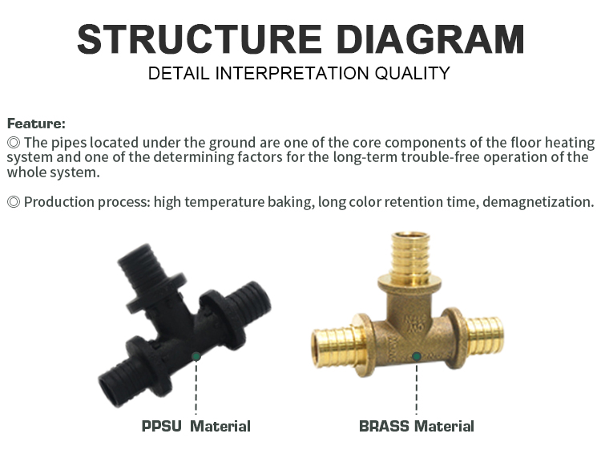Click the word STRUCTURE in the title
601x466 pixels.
pyautogui.click(x=200, y=39)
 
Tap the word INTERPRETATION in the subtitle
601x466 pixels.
pyautogui.click(x=292, y=73)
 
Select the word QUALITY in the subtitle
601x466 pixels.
pyautogui.click(x=413, y=73)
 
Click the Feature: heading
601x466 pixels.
pyautogui.click(x=36, y=124)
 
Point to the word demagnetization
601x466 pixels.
pyautogui.click(x=538, y=202)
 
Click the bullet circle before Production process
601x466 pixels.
pyautogui.click(x=14, y=202)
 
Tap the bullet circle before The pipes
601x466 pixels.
pyautogui.click(x=14, y=142)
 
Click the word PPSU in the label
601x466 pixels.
pyautogui.click(x=161, y=426)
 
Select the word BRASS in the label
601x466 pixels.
pyautogui.click(x=384, y=426)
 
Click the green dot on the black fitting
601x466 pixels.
pyautogui.click(x=196, y=357)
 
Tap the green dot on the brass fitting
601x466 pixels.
pyautogui.click(x=417, y=357)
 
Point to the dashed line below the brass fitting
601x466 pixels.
pyautogui.click(x=417, y=388)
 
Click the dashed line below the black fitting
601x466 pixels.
pyautogui.click(x=196, y=388)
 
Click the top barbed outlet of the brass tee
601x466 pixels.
pyautogui.click(x=410, y=253)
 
